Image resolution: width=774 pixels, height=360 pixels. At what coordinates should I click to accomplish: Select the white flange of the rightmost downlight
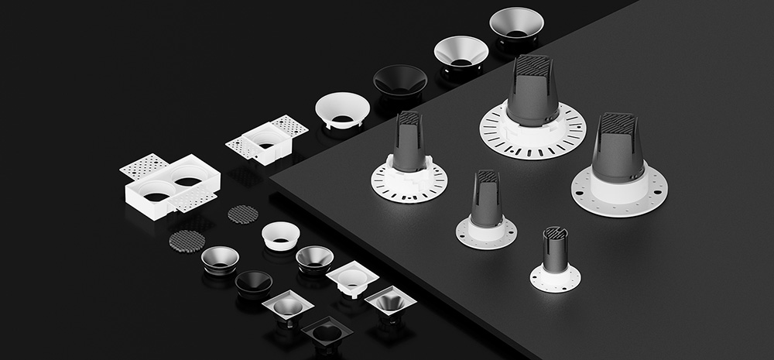point(618,190)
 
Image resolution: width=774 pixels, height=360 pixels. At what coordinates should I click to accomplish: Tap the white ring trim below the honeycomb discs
point(280,235)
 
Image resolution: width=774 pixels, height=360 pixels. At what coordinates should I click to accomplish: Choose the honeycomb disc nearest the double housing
point(187,241)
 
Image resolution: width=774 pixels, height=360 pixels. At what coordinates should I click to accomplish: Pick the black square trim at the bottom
point(326,333)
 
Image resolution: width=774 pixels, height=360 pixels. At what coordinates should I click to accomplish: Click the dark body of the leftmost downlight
point(409,144)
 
